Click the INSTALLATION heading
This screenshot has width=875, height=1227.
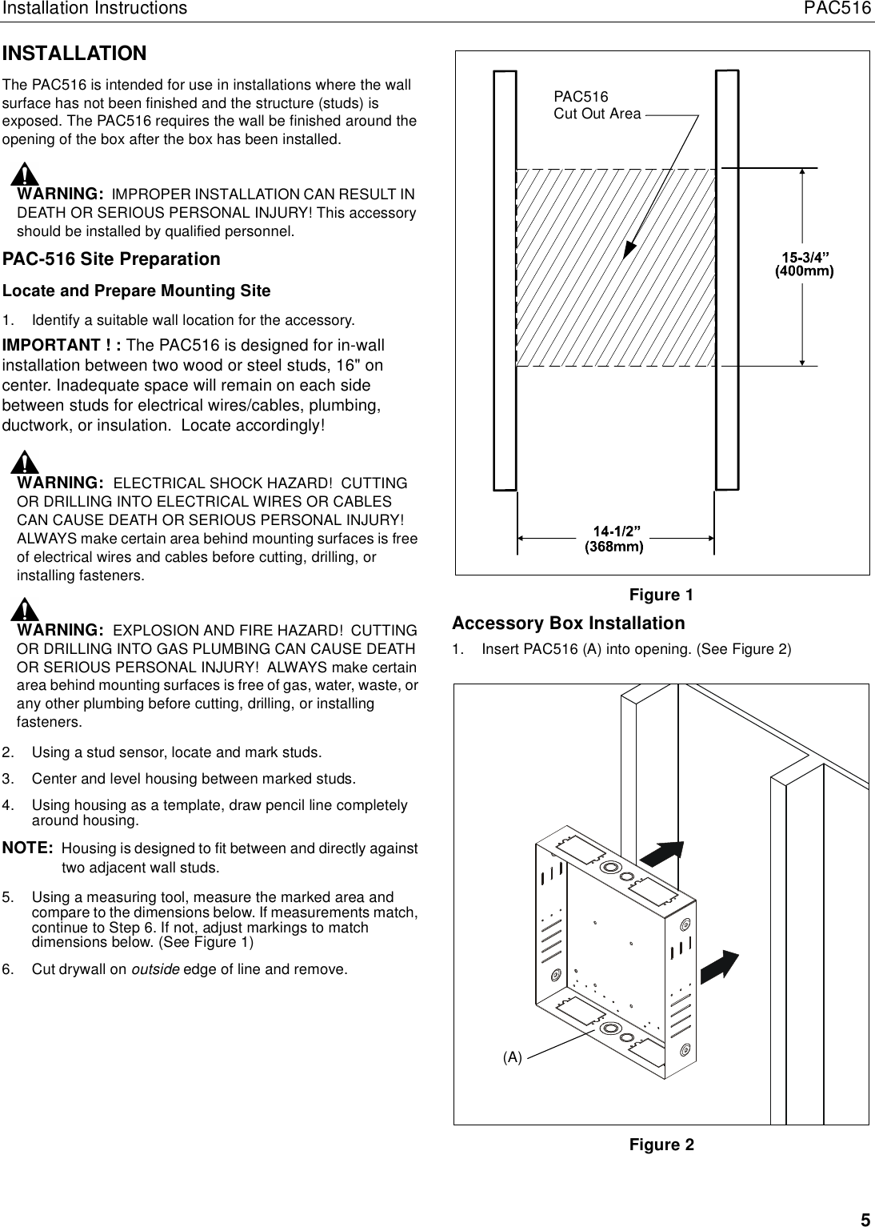(x=74, y=54)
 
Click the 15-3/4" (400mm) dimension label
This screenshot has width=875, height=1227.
(x=805, y=264)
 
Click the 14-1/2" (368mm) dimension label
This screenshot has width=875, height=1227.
(x=614, y=540)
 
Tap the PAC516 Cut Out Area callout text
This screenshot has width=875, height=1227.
(x=597, y=105)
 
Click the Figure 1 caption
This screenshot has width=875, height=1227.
(x=661, y=595)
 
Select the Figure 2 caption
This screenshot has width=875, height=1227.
(x=661, y=1145)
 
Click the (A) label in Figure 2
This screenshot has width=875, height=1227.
(x=512, y=1057)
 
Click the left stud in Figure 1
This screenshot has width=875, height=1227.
(x=505, y=280)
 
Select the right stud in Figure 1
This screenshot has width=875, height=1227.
(x=726, y=280)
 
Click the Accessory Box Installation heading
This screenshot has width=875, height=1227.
(x=568, y=623)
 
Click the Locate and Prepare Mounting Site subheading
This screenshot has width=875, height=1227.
(x=137, y=291)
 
